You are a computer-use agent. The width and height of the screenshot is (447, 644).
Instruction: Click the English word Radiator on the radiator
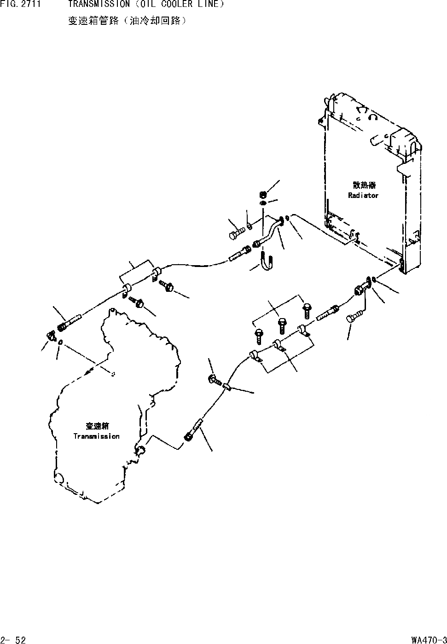point(363,195)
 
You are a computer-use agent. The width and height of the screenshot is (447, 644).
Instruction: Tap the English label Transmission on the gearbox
point(96,436)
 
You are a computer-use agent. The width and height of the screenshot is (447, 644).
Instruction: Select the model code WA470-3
point(429,639)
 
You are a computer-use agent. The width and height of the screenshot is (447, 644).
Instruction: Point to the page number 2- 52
point(14,639)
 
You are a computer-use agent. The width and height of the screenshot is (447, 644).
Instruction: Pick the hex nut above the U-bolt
point(263,194)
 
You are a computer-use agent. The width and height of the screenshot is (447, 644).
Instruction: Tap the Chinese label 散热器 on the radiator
point(364,185)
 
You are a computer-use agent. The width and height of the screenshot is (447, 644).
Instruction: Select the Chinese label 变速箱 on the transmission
point(97,426)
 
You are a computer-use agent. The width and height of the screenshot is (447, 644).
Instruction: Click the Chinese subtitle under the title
point(127,21)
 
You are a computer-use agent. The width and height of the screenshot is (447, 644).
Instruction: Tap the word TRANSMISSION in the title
point(99,4)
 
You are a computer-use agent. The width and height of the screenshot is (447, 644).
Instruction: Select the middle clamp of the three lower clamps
point(278,344)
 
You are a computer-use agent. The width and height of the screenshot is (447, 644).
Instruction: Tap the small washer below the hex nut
point(262,203)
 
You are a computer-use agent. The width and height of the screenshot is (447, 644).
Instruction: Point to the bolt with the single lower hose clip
point(215,380)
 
